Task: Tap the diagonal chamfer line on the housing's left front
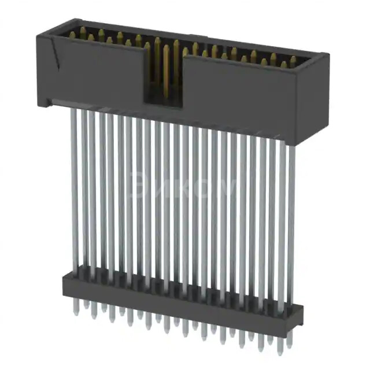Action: (x=56, y=58)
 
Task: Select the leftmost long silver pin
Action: (x=74, y=191)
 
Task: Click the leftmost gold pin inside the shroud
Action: (x=72, y=35)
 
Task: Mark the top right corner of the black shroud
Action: (x=326, y=55)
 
